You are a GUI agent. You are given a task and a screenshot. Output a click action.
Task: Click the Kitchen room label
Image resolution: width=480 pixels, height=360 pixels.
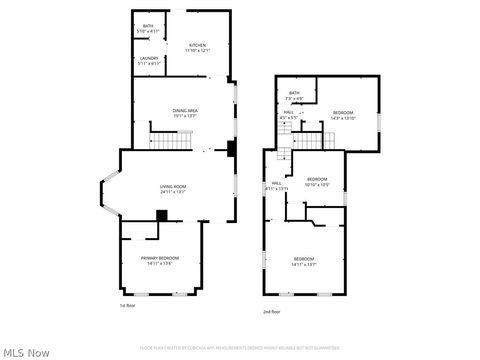(x=197, y=48)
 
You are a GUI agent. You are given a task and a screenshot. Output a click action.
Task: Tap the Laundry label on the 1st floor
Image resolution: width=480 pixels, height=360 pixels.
(x=148, y=62)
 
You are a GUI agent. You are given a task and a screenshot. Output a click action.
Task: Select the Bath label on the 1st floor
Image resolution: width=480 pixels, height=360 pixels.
(x=147, y=29)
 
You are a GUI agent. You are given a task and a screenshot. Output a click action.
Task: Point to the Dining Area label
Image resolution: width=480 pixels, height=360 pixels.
(x=184, y=114)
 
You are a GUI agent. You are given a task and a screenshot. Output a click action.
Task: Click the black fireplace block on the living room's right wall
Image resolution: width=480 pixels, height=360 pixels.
(x=231, y=150)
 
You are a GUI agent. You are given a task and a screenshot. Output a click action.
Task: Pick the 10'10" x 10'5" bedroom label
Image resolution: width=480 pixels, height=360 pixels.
(x=316, y=182)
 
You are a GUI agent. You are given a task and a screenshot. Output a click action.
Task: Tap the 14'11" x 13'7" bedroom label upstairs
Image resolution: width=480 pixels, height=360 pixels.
(x=304, y=261)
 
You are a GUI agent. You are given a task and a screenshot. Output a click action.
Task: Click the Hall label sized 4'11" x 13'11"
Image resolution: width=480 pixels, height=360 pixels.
(x=277, y=186)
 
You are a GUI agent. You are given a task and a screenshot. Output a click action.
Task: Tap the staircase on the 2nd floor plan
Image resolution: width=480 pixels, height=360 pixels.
(x=284, y=156)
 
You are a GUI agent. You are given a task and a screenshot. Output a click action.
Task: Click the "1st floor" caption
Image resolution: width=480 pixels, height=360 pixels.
(x=126, y=304)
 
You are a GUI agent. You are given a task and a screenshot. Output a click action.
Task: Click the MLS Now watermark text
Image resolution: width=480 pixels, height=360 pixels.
(x=26, y=352)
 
